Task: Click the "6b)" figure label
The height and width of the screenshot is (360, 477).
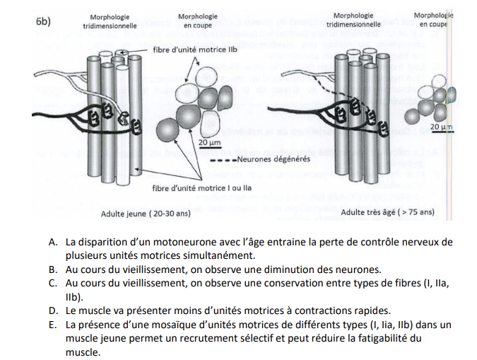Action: click(x=43, y=21)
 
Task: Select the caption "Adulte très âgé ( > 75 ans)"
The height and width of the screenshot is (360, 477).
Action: click(x=387, y=211)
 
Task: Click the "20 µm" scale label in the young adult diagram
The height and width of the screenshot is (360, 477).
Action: click(x=208, y=142)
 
